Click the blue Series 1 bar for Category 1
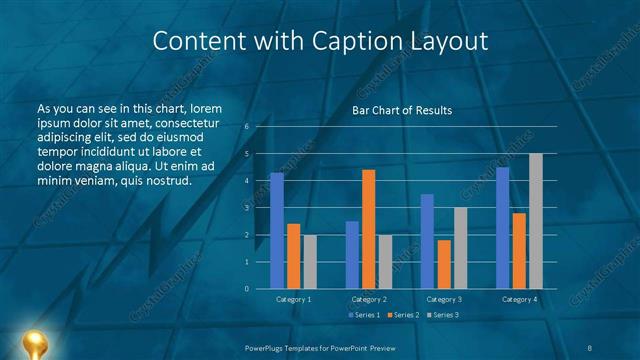click(x=277, y=231)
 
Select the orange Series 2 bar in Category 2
click(x=369, y=229)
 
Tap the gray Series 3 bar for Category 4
click(x=535, y=221)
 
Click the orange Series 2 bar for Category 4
click(x=519, y=250)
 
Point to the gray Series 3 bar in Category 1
click(x=309, y=262)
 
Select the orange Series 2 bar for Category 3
click(x=443, y=264)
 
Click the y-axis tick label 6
click(x=247, y=127)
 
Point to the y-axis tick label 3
click(x=247, y=208)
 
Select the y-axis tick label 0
click(x=247, y=289)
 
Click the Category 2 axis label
click(x=369, y=299)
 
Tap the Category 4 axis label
click(x=519, y=299)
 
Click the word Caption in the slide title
click(x=375, y=42)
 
